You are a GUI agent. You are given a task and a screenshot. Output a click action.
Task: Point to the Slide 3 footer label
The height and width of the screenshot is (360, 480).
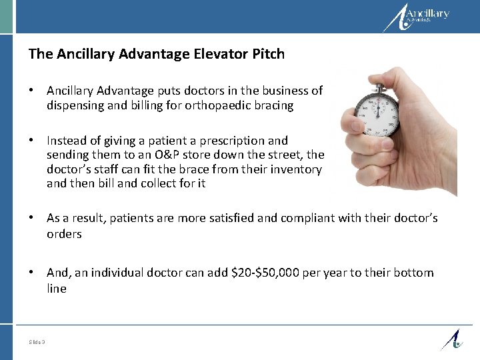tap(37, 342)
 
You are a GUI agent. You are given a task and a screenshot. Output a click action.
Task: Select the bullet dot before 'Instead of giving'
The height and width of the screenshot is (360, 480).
tap(32, 140)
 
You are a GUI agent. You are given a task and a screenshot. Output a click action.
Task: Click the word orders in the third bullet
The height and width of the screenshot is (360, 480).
tap(64, 234)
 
